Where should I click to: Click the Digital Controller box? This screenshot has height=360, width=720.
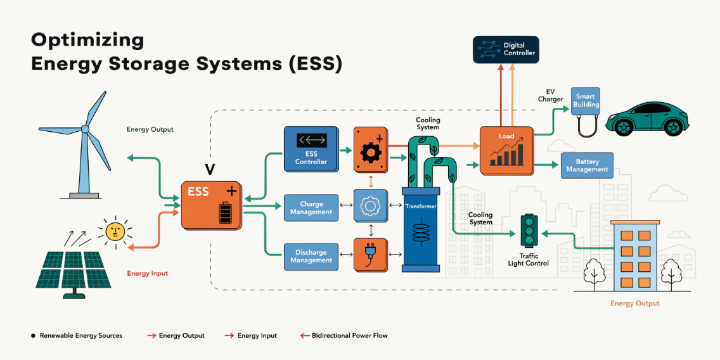click(505, 49)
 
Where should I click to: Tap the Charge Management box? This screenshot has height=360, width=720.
click(311, 208)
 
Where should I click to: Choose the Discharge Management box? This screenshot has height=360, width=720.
click(311, 256)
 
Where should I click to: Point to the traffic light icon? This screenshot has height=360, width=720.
click(529, 231)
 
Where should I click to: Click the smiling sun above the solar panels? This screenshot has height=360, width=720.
click(115, 231)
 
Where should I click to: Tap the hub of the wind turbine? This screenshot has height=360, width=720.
click(85, 129)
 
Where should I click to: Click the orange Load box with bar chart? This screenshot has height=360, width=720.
click(506, 150)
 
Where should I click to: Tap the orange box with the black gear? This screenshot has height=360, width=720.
click(371, 149)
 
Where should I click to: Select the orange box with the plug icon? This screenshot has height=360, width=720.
click(371, 255)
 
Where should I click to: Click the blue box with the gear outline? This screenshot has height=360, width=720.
click(371, 207)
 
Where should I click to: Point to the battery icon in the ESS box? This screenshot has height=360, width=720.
click(225, 212)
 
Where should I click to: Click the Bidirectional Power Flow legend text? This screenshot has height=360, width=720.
click(349, 335)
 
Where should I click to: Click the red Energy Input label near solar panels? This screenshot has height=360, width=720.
click(147, 273)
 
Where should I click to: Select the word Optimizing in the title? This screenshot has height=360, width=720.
click(87, 40)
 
